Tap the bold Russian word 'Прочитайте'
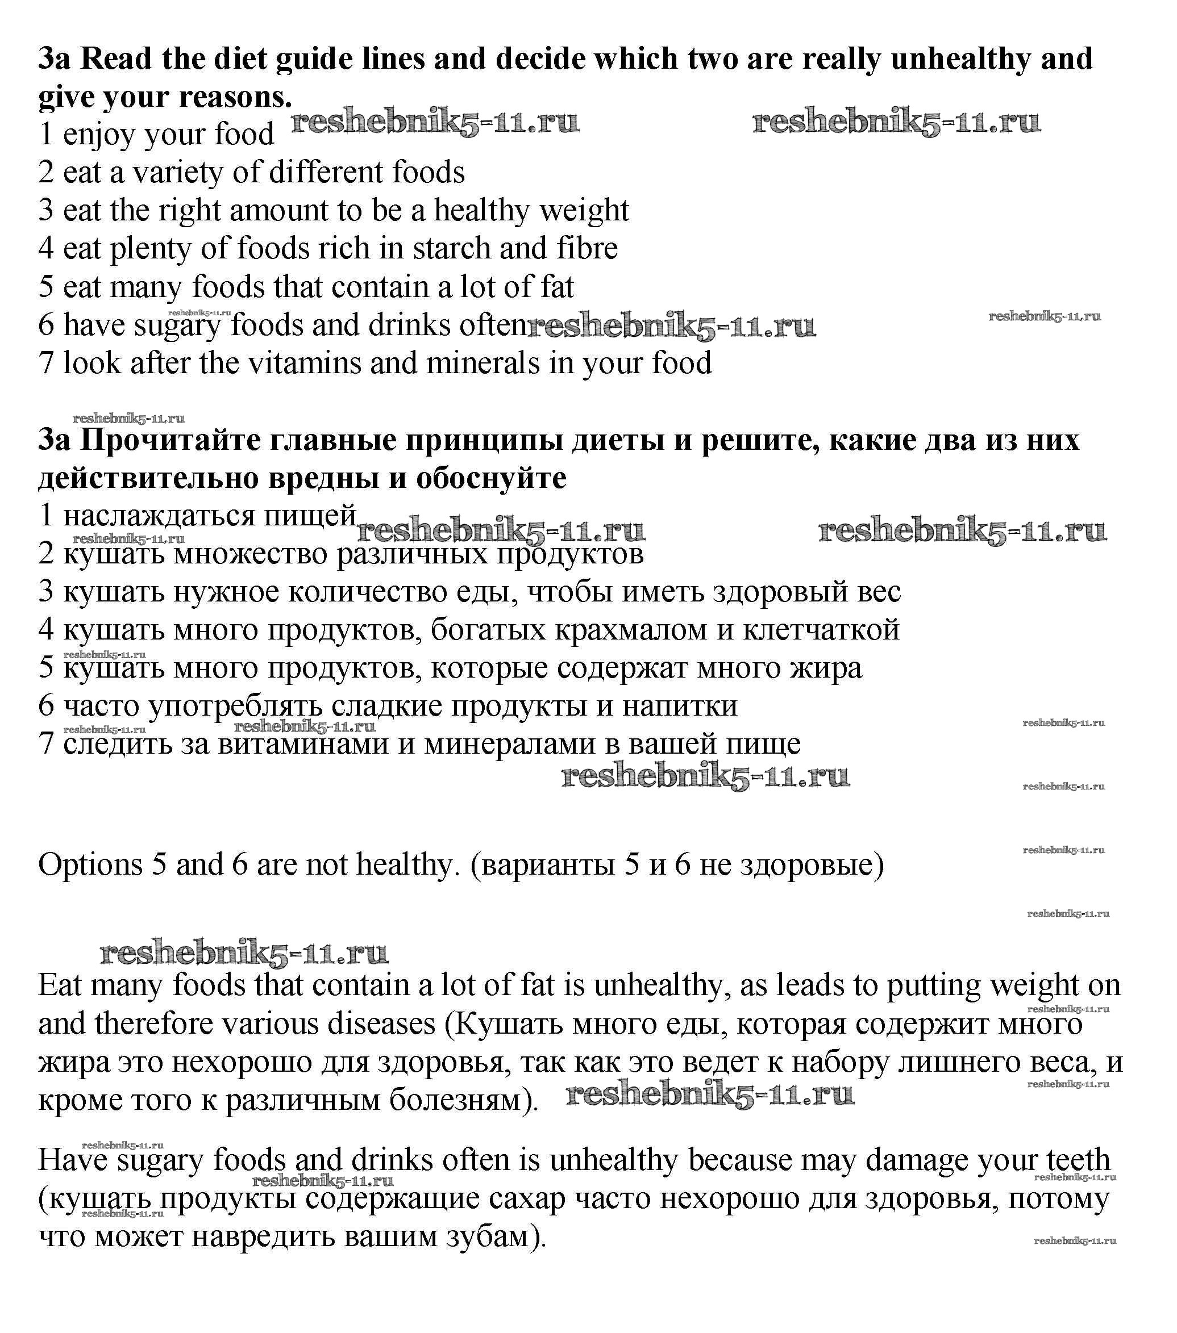(x=173, y=440)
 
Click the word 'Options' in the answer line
(x=90, y=866)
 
